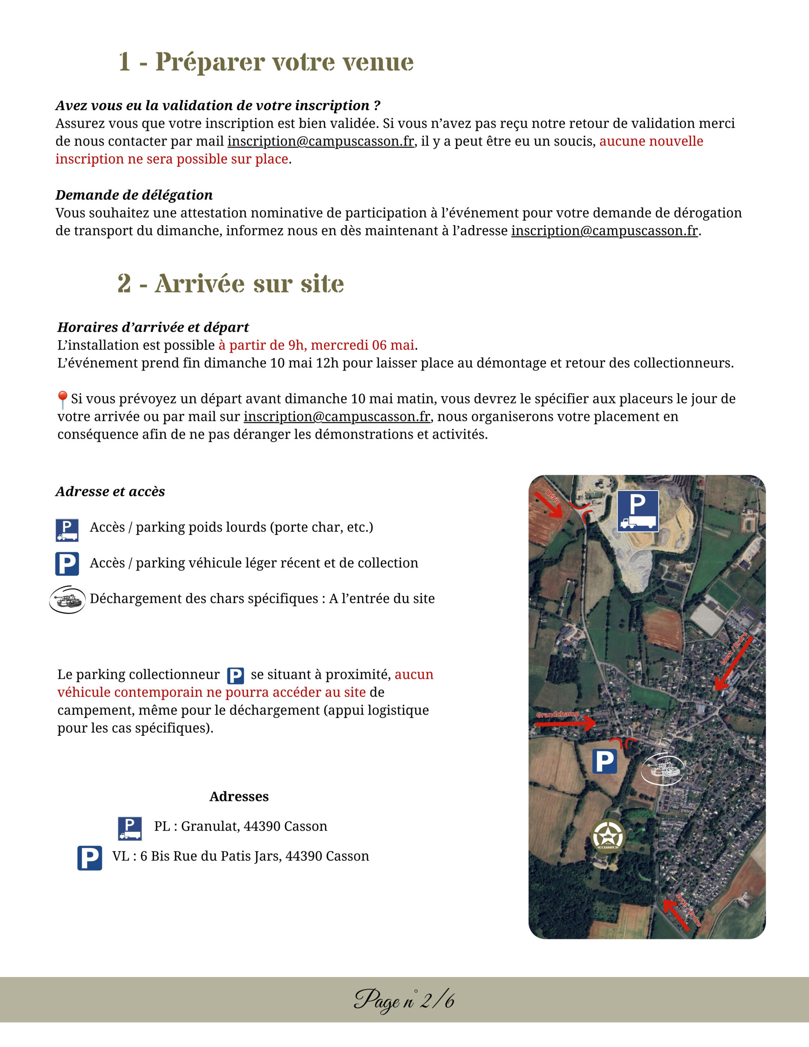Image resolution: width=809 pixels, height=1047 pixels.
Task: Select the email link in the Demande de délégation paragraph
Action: [x=604, y=231]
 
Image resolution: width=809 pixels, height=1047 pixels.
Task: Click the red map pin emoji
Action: [x=62, y=399]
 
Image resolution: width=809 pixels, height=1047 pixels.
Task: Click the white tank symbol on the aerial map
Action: [x=663, y=769]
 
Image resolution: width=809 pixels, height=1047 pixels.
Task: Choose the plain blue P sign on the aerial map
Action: [x=605, y=761]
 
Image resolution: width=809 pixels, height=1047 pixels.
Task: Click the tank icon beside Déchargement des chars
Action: [x=67, y=599]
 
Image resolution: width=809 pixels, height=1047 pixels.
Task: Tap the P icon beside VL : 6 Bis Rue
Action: [x=90, y=858]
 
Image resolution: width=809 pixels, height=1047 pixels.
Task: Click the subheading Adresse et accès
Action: [x=110, y=491]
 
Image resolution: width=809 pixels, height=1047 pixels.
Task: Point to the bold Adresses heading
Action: [x=239, y=797]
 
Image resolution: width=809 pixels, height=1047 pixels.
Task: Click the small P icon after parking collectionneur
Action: [x=235, y=676]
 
